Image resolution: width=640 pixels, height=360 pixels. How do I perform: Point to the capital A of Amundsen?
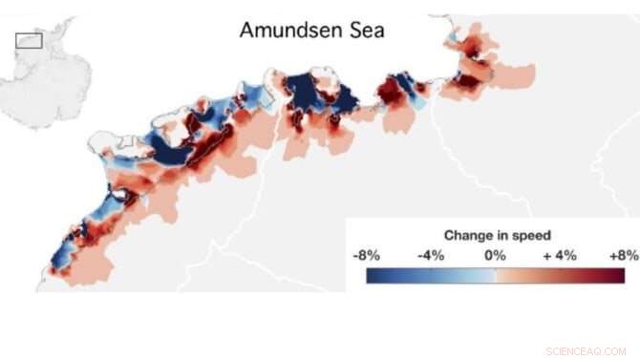tap(247, 30)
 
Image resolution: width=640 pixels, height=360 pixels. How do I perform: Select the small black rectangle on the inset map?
tap(29, 40)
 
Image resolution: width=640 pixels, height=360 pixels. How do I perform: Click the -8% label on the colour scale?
tap(367, 255)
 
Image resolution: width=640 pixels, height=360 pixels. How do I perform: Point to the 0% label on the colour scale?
tap(494, 255)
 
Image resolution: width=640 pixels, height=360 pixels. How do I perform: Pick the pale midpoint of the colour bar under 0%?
tap(495, 275)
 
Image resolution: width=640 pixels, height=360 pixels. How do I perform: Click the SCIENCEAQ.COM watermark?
tap(586, 350)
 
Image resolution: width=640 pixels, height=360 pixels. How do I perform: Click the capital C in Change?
tap(449, 235)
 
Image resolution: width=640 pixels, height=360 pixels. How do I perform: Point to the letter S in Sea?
tap(352, 30)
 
